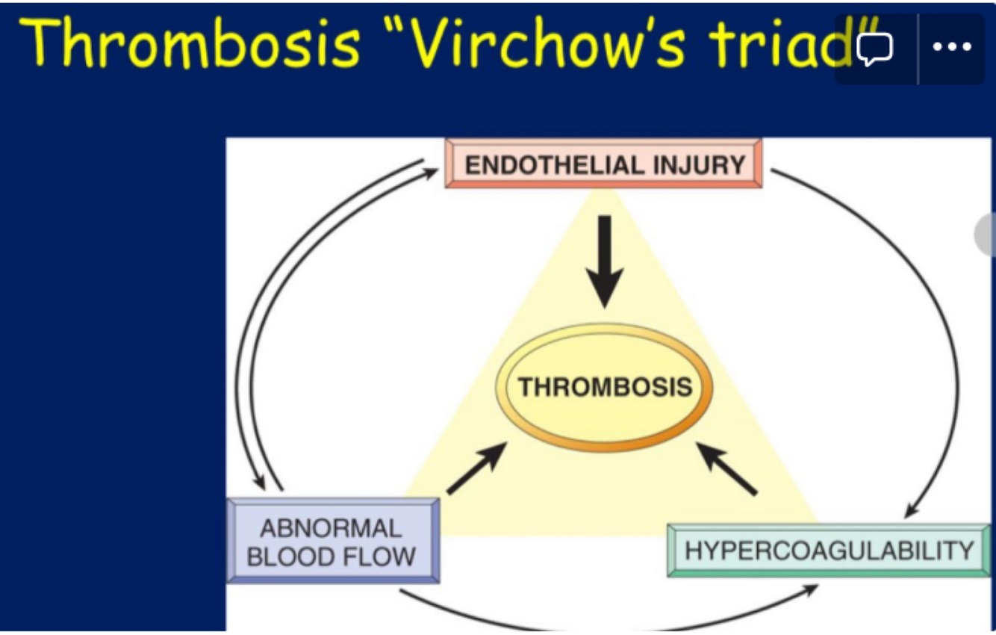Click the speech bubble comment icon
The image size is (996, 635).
(875, 48)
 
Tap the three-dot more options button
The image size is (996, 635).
(951, 46)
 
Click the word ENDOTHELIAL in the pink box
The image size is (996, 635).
(554, 164)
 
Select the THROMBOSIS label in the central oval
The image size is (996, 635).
(605, 387)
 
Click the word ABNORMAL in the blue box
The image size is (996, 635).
(331, 529)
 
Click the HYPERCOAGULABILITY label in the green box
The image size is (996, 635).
(830, 551)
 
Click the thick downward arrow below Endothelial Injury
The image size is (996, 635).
(605, 261)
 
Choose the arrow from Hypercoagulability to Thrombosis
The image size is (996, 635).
(727, 468)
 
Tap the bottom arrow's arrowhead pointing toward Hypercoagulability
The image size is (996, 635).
(810, 589)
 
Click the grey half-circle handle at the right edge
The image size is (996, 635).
(986, 235)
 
